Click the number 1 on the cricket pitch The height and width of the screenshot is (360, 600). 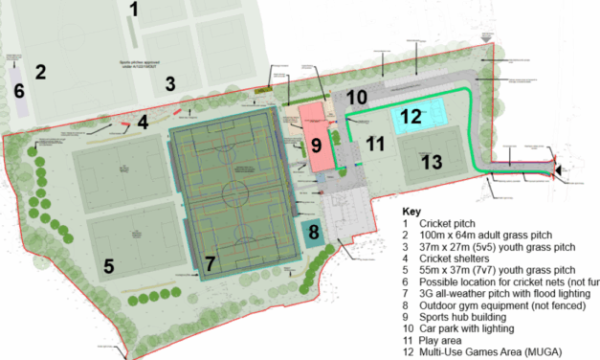(x=135, y=11)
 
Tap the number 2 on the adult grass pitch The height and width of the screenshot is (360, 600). (x=40, y=71)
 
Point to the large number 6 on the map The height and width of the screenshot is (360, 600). (x=18, y=92)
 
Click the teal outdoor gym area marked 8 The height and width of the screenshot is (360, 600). (x=311, y=233)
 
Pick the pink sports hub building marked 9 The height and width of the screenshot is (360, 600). (x=315, y=144)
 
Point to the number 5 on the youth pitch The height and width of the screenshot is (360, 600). (x=108, y=266)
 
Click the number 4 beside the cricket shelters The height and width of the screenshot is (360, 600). (x=142, y=122)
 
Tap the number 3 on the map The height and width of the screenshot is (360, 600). (x=170, y=83)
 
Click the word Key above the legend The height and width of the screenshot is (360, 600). (x=412, y=211)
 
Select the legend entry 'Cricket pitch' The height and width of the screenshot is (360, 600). (x=456, y=225)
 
